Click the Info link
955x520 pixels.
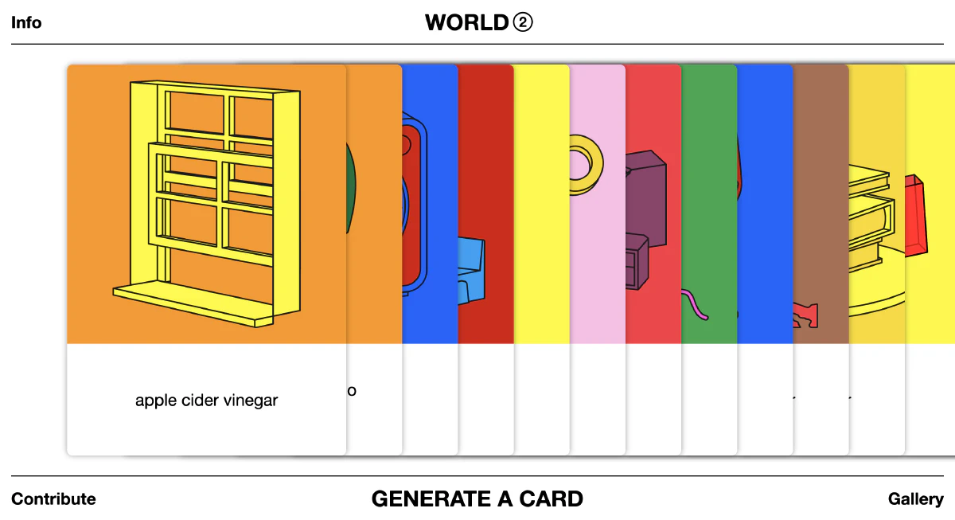tap(26, 22)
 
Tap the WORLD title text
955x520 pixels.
tap(466, 22)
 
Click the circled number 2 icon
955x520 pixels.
tap(523, 22)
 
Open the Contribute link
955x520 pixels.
tap(53, 499)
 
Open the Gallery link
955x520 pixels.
tap(915, 499)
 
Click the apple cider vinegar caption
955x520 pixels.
tap(206, 401)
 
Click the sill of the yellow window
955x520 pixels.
tap(191, 307)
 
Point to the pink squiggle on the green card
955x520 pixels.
tap(695, 305)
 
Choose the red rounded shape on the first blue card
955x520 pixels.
tap(411, 207)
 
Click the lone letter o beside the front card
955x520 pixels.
tap(352, 391)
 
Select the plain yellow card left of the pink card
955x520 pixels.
tap(541, 239)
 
